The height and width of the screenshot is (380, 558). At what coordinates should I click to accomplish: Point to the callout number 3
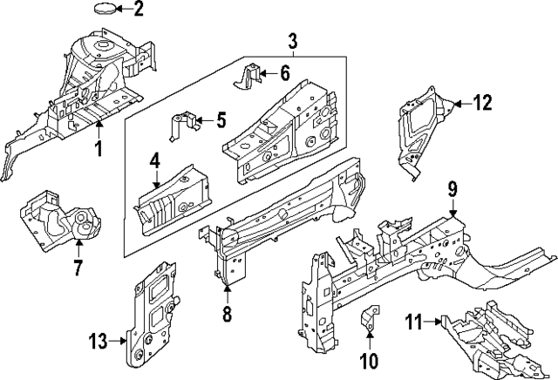click(x=293, y=40)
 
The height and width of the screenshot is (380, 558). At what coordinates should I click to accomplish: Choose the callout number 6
click(x=284, y=74)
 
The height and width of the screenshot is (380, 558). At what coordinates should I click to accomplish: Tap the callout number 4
click(x=154, y=160)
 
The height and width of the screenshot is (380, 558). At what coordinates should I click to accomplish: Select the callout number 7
click(x=78, y=268)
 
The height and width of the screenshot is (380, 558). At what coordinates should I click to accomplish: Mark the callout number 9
click(x=453, y=188)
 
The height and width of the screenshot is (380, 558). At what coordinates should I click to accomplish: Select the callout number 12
click(x=481, y=104)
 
